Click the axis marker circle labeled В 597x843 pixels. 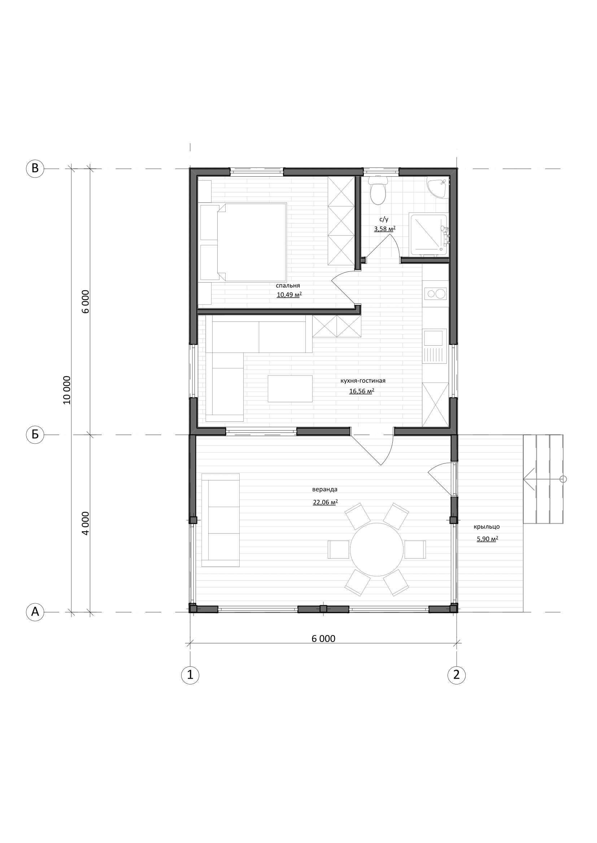click(x=35, y=169)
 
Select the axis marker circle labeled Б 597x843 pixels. click(x=35, y=435)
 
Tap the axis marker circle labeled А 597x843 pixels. click(x=35, y=612)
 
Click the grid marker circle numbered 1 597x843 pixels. click(x=190, y=675)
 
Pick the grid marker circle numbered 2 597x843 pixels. click(x=457, y=675)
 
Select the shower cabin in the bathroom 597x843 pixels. click(x=428, y=234)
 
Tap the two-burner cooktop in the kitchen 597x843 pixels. click(x=435, y=293)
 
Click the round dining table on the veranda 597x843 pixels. click(x=376, y=549)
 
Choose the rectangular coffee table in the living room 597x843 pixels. click(x=290, y=389)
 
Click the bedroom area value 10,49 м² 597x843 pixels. click(x=289, y=294)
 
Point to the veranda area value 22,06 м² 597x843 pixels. click(x=325, y=502)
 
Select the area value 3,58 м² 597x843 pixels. click(x=384, y=229)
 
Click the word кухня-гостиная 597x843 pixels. click(x=363, y=381)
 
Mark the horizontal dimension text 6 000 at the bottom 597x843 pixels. click(x=323, y=639)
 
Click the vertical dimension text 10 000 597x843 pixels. click(x=66, y=390)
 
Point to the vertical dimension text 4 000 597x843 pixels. click(x=85, y=523)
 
